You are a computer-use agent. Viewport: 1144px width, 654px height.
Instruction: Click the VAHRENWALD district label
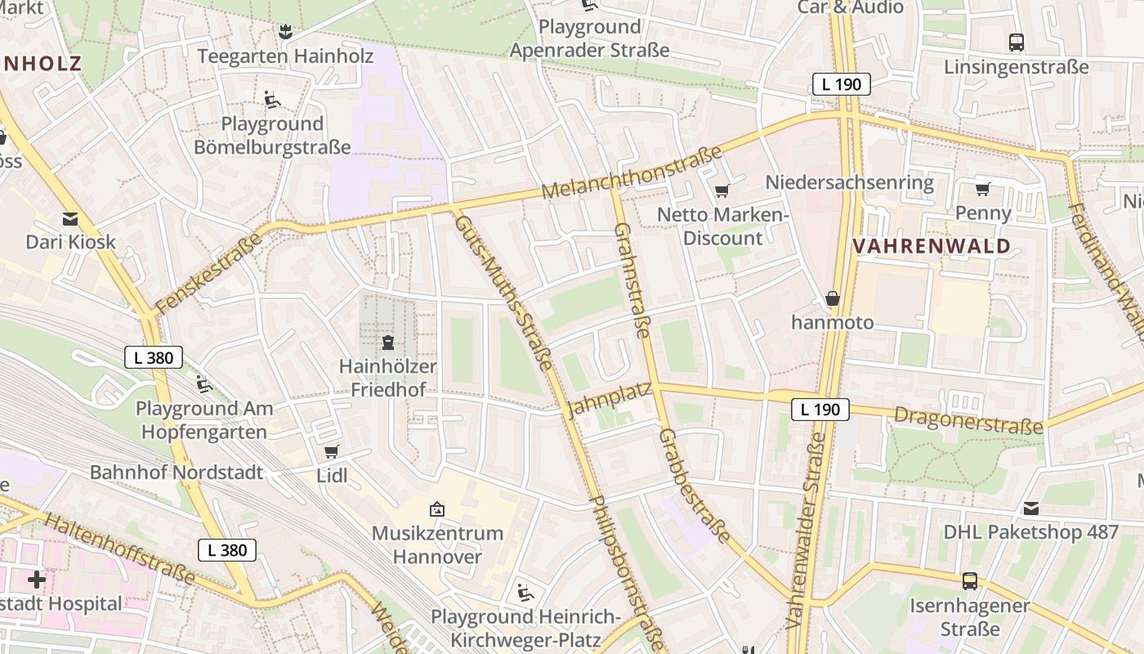(932, 245)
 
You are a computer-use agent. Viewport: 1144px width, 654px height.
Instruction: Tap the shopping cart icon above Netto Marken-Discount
(722, 191)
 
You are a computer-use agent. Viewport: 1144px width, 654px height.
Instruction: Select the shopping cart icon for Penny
(982, 190)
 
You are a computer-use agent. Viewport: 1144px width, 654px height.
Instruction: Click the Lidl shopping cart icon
(332, 452)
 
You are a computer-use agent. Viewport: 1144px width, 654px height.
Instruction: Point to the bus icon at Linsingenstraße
(1017, 43)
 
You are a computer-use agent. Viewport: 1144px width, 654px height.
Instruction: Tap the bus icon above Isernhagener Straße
(970, 581)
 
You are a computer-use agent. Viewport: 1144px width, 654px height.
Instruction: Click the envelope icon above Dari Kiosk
(70, 219)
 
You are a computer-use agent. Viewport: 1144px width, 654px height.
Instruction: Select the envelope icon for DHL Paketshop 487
(1031, 508)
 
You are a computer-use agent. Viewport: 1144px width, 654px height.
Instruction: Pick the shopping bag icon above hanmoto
(833, 298)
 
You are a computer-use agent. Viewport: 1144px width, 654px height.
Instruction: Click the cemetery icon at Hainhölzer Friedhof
(388, 342)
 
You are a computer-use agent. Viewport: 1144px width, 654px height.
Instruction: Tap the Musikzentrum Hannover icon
(437, 509)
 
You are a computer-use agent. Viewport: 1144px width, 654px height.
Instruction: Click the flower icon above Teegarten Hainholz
(285, 32)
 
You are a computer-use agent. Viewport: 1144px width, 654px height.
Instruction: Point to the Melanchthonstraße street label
(632, 173)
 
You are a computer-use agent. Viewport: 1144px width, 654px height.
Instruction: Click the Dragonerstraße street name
(968, 420)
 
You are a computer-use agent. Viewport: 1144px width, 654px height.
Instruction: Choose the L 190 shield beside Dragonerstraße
(820, 410)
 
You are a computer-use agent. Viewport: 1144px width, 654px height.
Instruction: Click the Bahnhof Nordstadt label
(177, 472)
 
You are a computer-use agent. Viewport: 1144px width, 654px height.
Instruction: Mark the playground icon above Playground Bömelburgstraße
(272, 100)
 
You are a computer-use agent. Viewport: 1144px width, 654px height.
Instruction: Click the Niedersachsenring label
(849, 182)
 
